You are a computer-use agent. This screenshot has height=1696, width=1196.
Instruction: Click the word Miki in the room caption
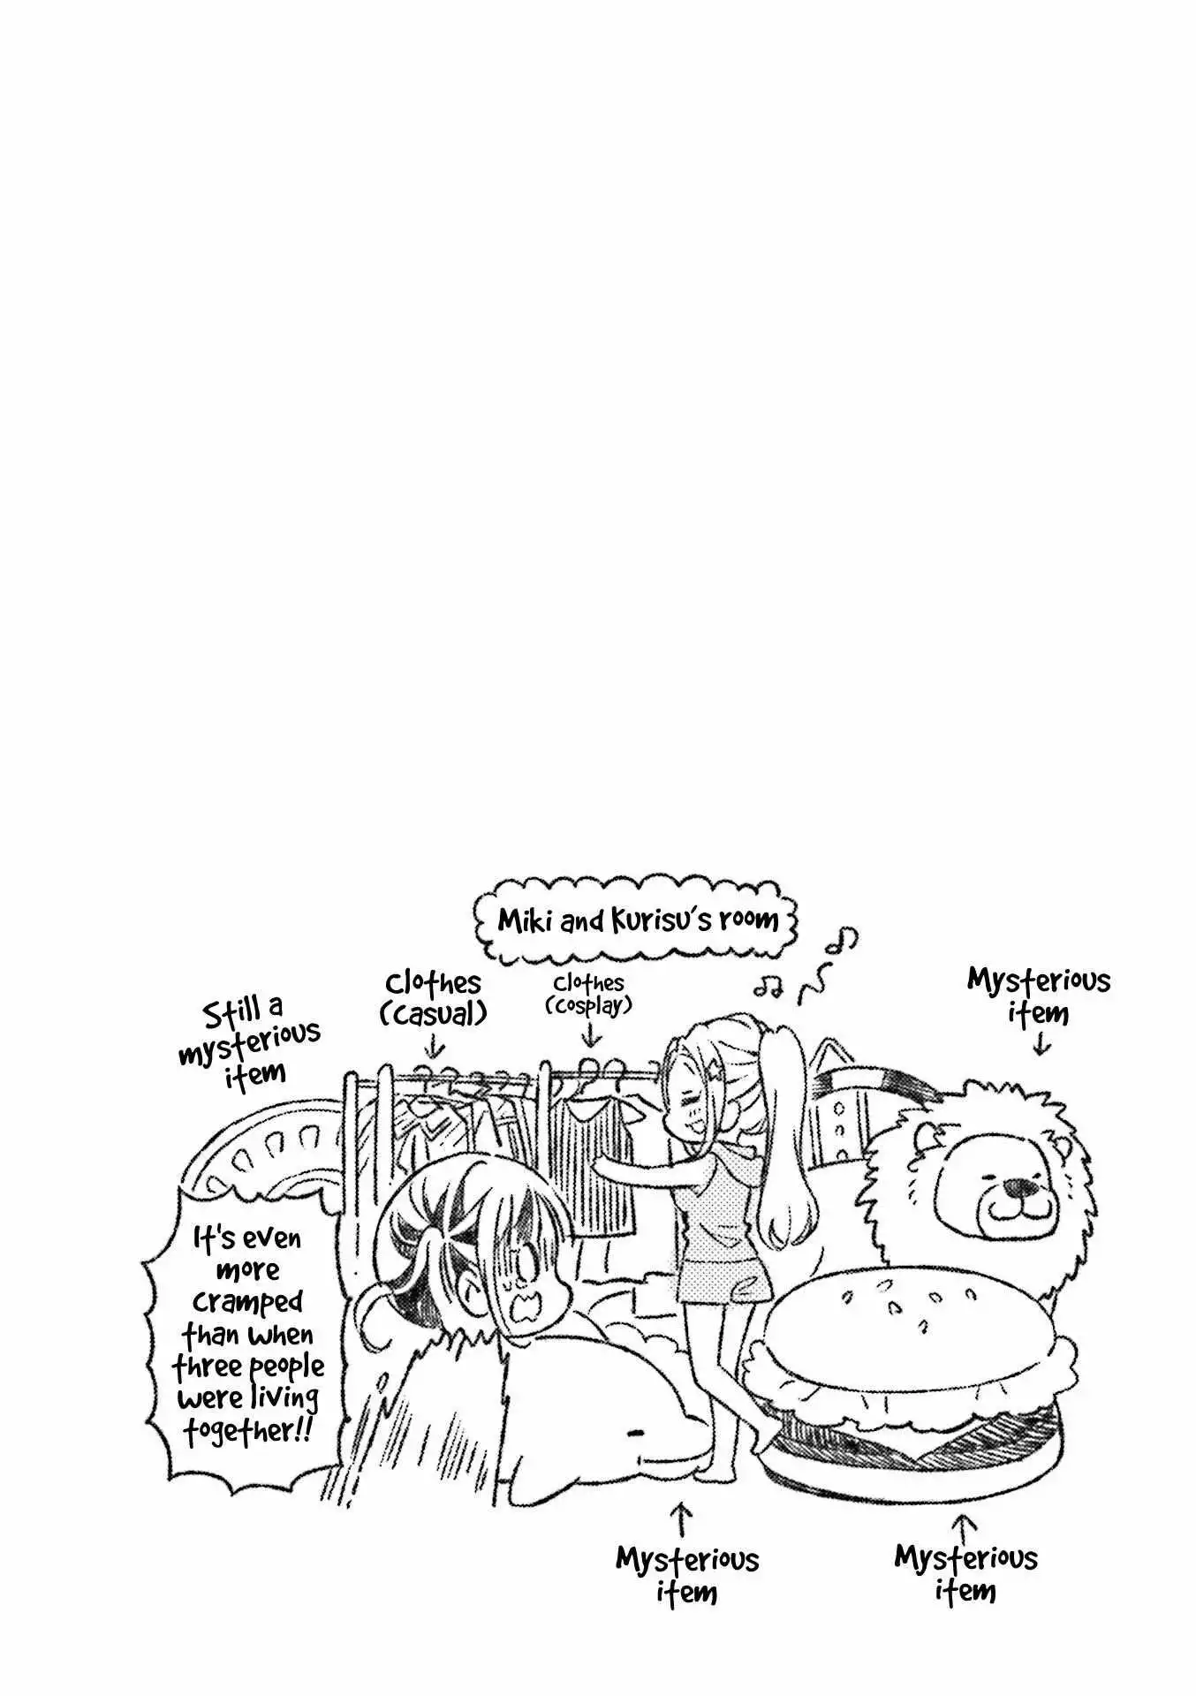[x=525, y=920]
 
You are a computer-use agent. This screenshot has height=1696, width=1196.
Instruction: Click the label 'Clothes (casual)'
[x=433, y=998]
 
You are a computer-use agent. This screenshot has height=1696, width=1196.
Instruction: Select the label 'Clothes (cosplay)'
[x=589, y=995]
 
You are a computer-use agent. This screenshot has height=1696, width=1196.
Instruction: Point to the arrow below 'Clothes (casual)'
[x=433, y=1047]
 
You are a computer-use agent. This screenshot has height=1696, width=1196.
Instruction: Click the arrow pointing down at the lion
[x=1041, y=1043]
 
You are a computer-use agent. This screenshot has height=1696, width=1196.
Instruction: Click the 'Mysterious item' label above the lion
[x=1039, y=996]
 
